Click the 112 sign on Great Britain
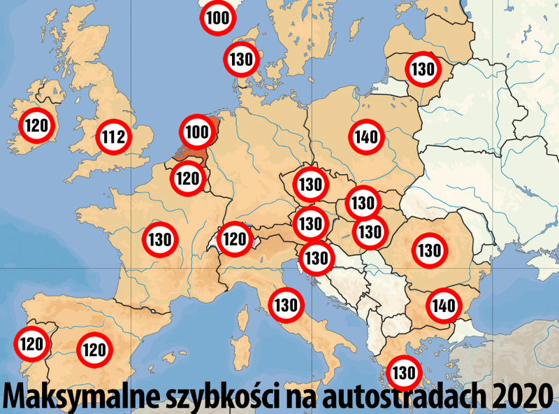click(113, 138)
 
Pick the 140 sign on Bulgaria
click(444, 306)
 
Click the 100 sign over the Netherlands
click(198, 131)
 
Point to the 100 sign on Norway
click(219, 18)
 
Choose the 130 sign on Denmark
click(241, 59)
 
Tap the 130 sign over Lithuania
click(423, 69)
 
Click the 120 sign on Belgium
click(187, 178)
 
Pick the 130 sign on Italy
click(286, 305)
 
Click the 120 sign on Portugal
click(31, 344)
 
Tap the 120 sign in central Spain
click(95, 349)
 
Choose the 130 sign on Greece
click(404, 372)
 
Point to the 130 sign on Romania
click(428, 250)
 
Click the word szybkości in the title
click(217, 397)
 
